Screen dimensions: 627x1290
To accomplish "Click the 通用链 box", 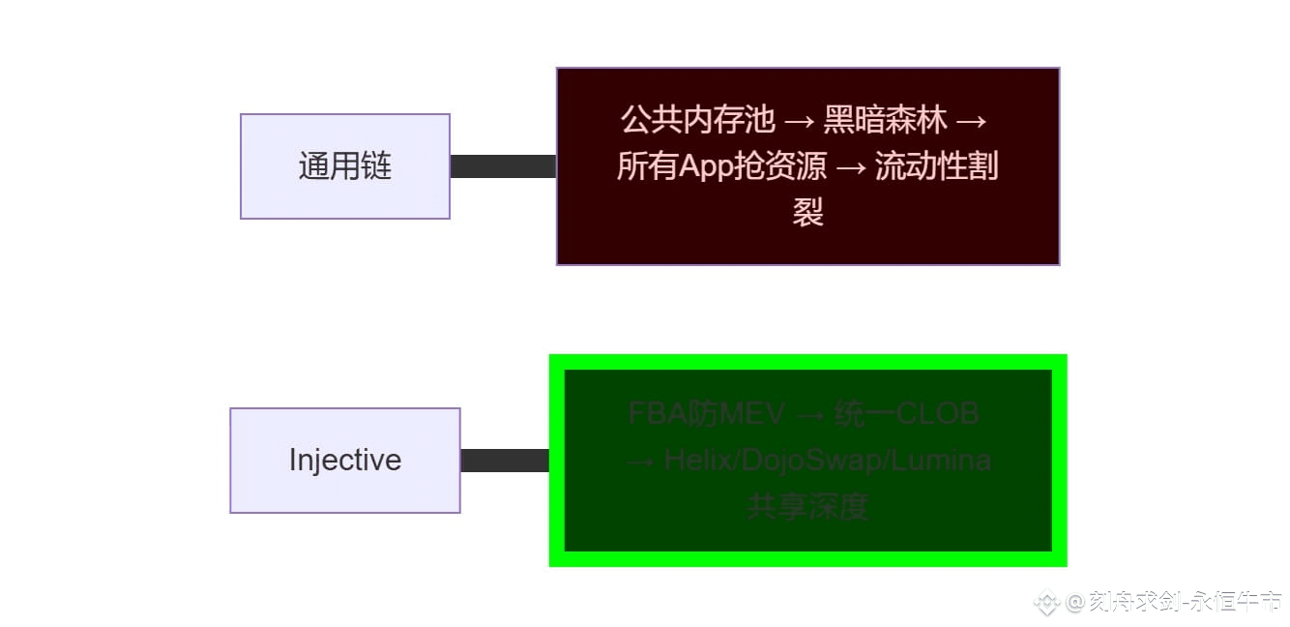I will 344,166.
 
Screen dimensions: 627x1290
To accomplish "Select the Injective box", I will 344,460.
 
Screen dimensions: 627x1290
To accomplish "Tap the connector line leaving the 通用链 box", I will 503,166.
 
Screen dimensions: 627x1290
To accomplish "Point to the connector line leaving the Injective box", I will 505,461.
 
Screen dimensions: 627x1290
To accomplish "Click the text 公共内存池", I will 697,120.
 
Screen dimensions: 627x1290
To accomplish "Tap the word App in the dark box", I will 709,166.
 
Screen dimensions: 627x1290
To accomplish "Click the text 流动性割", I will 936,166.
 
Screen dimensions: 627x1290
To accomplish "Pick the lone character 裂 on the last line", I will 807,212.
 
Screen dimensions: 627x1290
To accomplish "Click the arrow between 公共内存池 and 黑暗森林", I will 799,121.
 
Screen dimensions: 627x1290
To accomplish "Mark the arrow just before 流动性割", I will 850,167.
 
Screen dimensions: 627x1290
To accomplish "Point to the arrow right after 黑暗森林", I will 971,121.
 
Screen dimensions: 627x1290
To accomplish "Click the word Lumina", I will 941,461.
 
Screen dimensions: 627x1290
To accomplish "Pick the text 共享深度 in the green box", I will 807,506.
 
